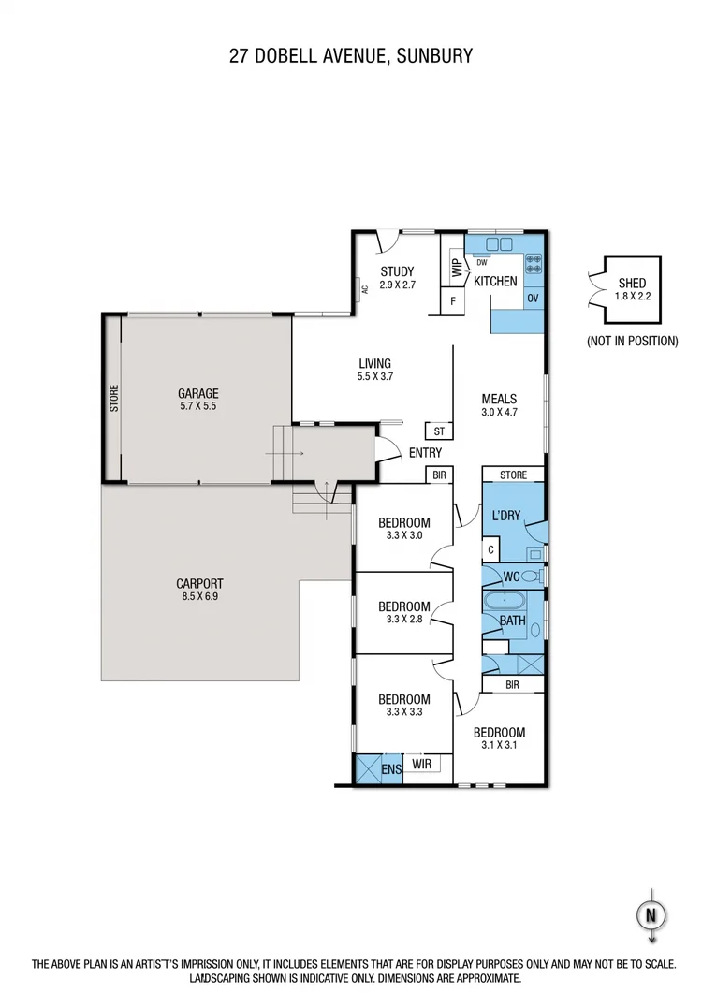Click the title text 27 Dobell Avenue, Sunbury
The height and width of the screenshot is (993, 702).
pyautogui.click(x=351, y=56)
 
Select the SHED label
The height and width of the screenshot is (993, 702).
pyautogui.click(x=632, y=283)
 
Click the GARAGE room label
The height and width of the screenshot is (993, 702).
pyautogui.click(x=197, y=393)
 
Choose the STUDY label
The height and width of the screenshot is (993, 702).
pyautogui.click(x=397, y=272)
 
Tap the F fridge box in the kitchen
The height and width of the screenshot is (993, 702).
pyautogui.click(x=453, y=301)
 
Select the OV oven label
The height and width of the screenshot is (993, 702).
pyautogui.click(x=534, y=298)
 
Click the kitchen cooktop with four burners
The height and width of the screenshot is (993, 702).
pyautogui.click(x=534, y=264)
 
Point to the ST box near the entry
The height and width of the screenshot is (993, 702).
pyautogui.click(x=439, y=431)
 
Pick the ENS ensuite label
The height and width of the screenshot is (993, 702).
pyautogui.click(x=391, y=769)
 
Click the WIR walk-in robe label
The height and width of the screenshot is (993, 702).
pyautogui.click(x=423, y=765)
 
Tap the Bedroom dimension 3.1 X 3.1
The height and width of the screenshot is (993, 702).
pyautogui.click(x=499, y=746)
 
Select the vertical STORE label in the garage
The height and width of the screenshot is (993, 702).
pyautogui.click(x=114, y=398)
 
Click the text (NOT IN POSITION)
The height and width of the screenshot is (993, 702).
pyautogui.click(x=632, y=342)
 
